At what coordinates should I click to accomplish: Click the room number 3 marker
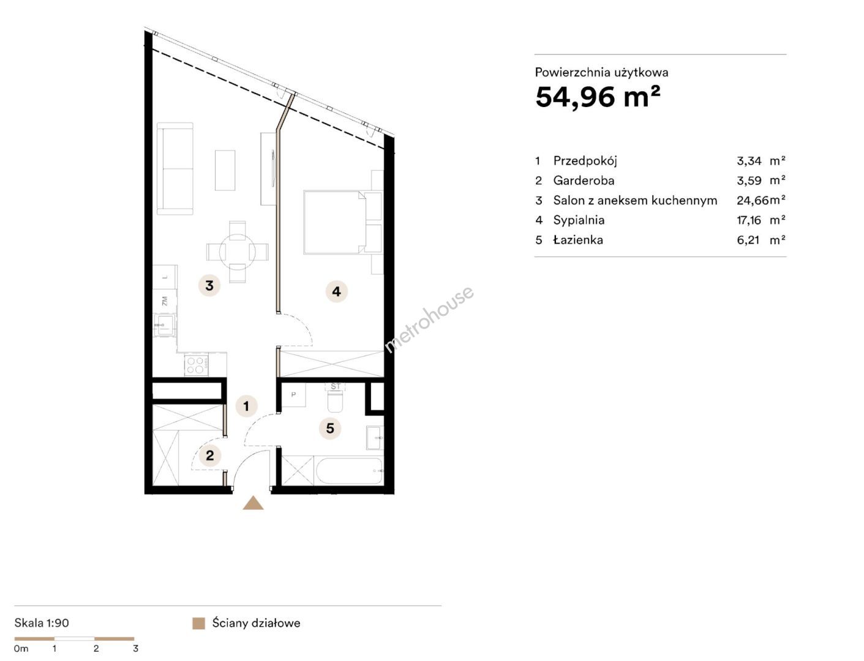coord(209,285)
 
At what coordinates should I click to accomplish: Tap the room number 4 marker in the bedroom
coord(336,291)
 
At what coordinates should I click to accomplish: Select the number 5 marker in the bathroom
coord(330,428)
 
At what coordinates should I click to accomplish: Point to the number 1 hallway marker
coord(246,406)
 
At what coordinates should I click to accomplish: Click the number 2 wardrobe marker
coord(210,455)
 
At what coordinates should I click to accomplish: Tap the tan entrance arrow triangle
coord(253,503)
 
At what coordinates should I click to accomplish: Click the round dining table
coord(238,252)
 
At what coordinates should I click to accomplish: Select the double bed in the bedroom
coord(334,222)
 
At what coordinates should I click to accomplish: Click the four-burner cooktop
coord(197,365)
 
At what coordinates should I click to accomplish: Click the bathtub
coord(349,471)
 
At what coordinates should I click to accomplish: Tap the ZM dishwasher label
coord(165,301)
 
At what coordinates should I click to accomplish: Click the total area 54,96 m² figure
coord(598,97)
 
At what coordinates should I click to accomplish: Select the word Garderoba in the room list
coord(584,181)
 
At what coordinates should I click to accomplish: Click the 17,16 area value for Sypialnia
coord(749,220)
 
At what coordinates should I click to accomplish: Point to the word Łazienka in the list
coord(578,240)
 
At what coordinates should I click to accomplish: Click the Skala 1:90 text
coord(42,623)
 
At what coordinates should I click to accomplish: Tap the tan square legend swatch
coord(199,624)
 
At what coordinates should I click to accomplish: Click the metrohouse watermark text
coord(429,319)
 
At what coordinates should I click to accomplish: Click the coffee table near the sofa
coord(225,170)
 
